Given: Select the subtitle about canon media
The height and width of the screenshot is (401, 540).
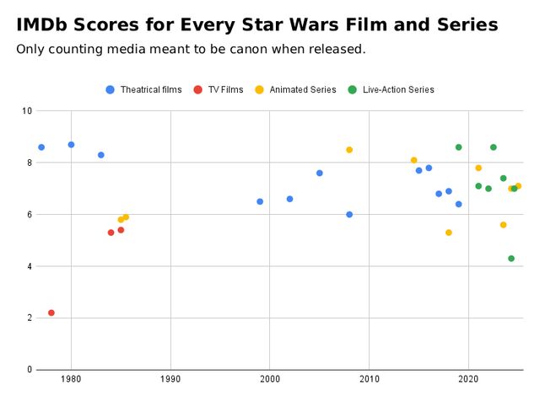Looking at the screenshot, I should tap(191, 49).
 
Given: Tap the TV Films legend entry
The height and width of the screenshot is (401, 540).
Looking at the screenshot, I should tap(219, 89).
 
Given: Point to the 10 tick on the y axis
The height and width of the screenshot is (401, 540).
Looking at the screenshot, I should tap(27, 111).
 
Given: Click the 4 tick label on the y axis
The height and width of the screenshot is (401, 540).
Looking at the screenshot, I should tap(30, 266).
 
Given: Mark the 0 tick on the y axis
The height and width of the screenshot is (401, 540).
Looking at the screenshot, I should tap(30, 370).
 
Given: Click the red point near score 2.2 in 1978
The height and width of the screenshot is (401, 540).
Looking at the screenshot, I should tap(51, 313).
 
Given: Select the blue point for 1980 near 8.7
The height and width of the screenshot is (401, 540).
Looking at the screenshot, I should tap(71, 145).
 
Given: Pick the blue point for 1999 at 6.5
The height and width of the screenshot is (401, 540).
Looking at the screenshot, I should tap(260, 201).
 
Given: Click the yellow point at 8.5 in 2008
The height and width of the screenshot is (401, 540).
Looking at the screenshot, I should tap(349, 150).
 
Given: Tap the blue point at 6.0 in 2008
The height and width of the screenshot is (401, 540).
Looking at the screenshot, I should tap(349, 215).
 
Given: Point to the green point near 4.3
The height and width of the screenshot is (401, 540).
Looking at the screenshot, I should tap(511, 259).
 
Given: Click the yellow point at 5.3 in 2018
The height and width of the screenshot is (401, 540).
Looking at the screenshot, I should tap(449, 233).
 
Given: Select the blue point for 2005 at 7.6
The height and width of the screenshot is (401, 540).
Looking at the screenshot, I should tap(320, 173).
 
